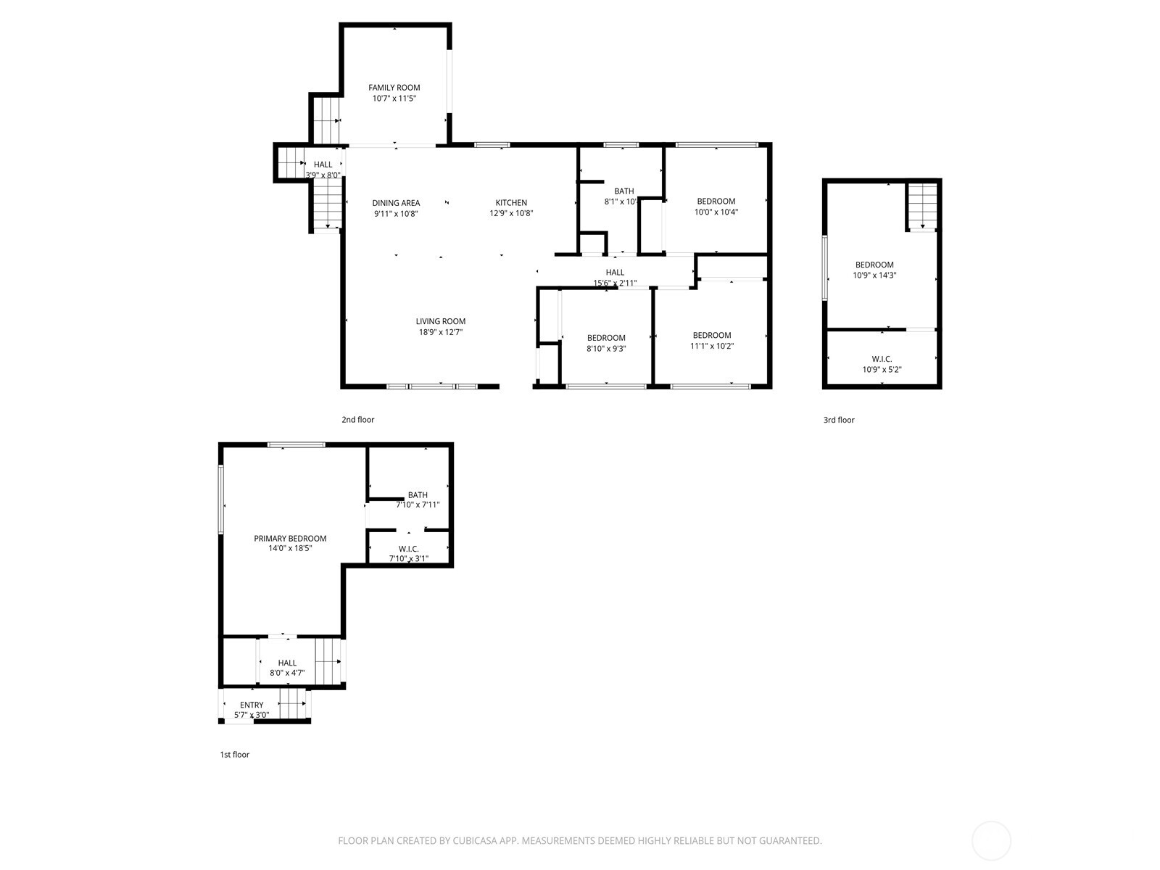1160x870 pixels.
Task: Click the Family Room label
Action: (394, 88)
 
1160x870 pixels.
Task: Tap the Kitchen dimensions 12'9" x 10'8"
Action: (511, 214)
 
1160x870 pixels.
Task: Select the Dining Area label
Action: (396, 203)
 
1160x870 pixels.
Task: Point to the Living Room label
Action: (440, 321)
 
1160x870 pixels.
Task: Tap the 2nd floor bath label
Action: (623, 191)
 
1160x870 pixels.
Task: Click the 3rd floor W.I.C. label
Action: (882, 360)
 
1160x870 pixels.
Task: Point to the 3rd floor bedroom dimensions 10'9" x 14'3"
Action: (874, 275)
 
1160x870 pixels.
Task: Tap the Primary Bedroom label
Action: (290, 539)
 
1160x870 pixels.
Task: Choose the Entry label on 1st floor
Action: (252, 705)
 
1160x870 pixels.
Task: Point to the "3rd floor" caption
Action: (838, 420)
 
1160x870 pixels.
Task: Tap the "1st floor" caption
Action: (234, 755)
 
